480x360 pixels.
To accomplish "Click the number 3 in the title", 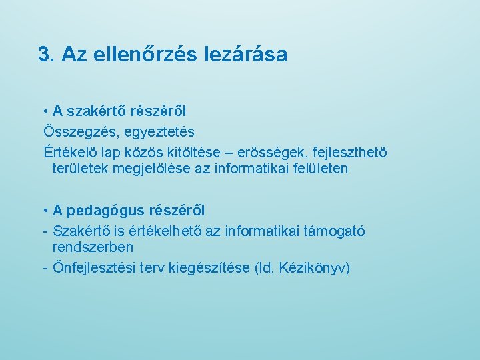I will (x=45, y=54).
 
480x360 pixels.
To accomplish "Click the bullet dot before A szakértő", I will (x=45, y=111).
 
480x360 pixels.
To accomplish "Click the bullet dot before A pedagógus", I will (x=45, y=211).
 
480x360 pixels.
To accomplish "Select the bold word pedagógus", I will (x=102, y=211).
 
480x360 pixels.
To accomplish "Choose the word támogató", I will (x=334, y=231).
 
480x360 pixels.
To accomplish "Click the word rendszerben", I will (x=93, y=247).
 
